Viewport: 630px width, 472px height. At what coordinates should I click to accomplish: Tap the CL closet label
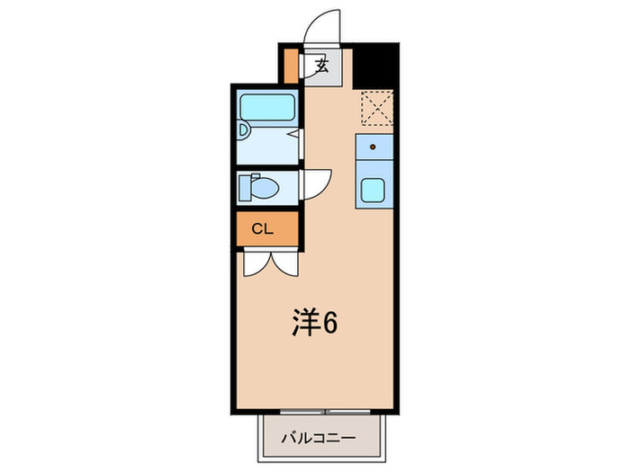[262, 228]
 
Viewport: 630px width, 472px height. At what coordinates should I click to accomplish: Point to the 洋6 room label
[314, 324]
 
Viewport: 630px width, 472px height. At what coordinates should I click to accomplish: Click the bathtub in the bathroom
[267, 108]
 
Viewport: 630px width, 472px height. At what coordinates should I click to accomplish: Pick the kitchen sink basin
[372, 190]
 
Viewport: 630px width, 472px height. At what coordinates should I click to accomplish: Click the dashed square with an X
[376, 110]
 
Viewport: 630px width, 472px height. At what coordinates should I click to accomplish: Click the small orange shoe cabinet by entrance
[291, 64]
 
